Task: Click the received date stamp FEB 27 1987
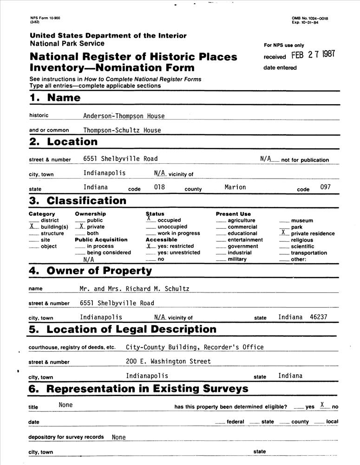coord(313,54)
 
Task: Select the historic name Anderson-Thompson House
coord(124,116)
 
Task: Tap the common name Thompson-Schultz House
coord(122,130)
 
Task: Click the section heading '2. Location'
coord(63,142)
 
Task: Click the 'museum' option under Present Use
coord(302,220)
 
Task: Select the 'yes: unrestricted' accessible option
coord(179,252)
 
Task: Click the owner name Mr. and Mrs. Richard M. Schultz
coord(134,288)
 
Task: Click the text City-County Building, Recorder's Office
coord(195,347)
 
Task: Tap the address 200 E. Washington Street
coord(168,361)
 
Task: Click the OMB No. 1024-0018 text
coord(310,18)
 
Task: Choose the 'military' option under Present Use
coord(237,259)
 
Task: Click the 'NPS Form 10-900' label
coord(45,18)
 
